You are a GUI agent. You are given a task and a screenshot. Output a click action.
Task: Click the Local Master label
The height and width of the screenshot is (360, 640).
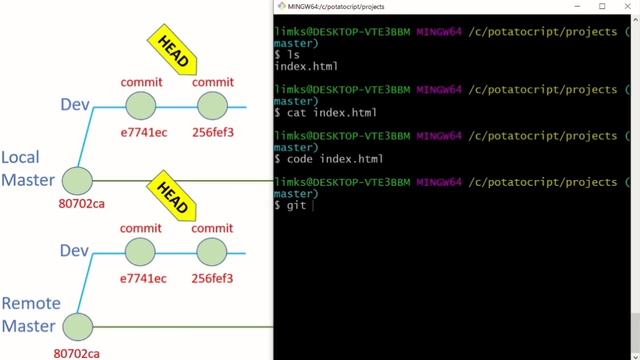click(27, 168)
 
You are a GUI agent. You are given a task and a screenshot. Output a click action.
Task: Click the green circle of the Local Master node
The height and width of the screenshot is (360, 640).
click(77, 181)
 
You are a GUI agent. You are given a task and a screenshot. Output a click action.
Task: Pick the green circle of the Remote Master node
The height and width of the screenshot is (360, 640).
click(77, 326)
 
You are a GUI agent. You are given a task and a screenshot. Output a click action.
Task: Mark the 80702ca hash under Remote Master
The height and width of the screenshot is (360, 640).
click(79, 352)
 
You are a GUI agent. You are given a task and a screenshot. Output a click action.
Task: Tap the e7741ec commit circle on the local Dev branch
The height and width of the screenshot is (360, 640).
click(141, 104)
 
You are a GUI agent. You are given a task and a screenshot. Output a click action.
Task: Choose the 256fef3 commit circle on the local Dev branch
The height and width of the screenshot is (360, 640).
click(212, 104)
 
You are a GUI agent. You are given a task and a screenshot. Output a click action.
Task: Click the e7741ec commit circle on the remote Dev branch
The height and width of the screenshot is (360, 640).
click(141, 250)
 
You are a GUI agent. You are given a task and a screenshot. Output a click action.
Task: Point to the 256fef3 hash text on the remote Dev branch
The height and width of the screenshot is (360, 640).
click(212, 277)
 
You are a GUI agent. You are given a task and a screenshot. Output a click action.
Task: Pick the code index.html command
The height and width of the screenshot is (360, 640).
click(325, 159)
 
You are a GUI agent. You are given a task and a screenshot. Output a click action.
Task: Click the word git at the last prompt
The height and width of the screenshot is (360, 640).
click(296, 205)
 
